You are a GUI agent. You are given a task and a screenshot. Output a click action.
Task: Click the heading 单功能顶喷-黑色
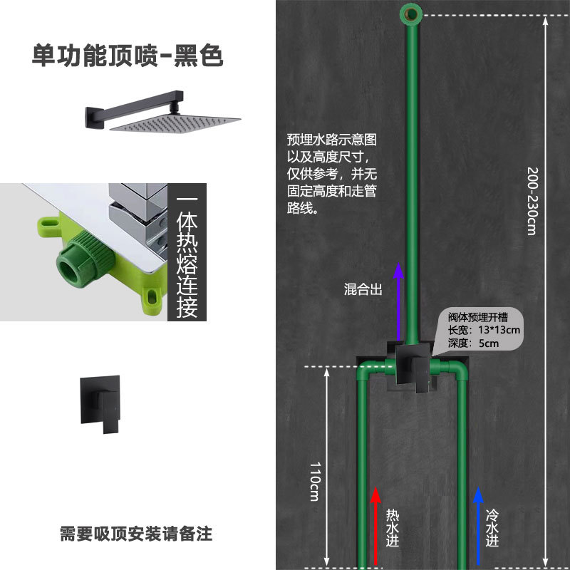[128, 56]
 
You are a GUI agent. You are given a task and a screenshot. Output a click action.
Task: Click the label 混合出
[363, 289]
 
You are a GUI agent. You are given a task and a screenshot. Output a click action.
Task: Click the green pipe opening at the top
[411, 11]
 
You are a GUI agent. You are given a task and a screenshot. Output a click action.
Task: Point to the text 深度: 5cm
[472, 343]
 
